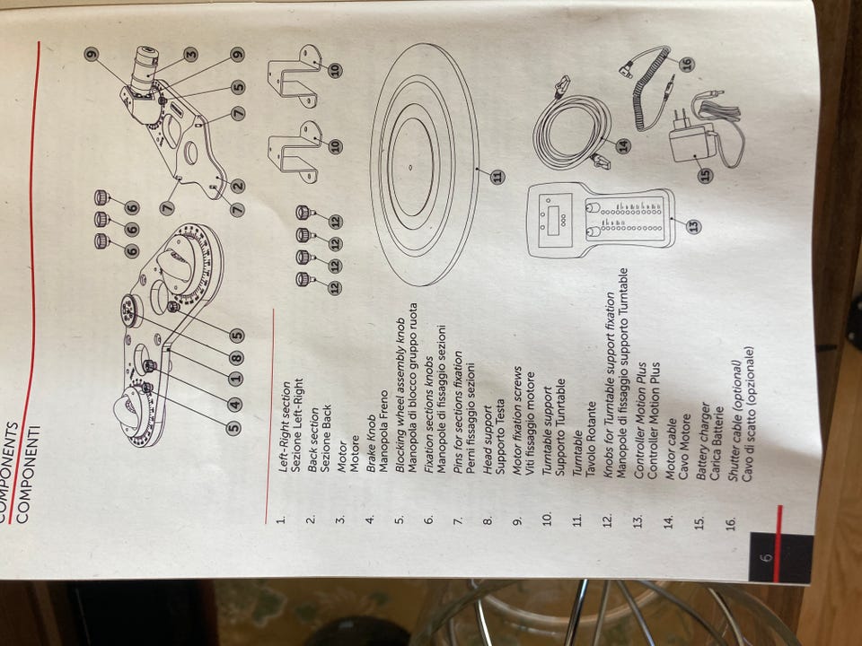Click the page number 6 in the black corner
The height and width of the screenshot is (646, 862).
[x=766, y=557]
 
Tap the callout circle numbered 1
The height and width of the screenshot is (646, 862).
[x=235, y=379]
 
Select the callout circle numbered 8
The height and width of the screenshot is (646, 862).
[x=236, y=358]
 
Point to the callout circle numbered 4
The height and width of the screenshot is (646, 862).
[x=234, y=405]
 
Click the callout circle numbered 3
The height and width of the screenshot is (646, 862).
[x=190, y=54]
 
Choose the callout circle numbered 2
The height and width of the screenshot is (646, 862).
[x=237, y=186]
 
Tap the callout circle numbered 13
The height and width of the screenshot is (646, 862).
[x=695, y=225]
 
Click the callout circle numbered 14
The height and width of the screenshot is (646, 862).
[x=623, y=145]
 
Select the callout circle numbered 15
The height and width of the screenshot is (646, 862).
[x=705, y=175]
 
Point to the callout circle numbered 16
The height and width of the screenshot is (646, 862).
[x=687, y=65]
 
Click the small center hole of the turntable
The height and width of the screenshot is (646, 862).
[x=410, y=165]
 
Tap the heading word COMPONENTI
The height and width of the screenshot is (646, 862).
[x=23, y=473]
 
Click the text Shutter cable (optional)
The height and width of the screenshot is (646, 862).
[x=735, y=421]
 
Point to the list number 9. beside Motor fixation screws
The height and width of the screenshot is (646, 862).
[x=517, y=520]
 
